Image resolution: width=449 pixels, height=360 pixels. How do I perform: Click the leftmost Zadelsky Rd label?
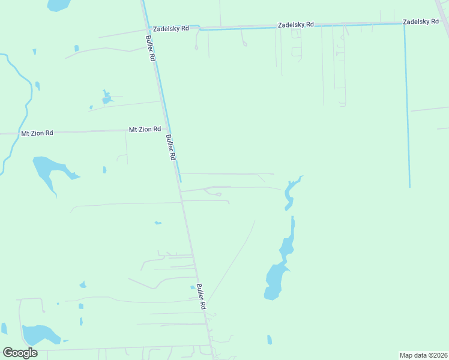[171, 28]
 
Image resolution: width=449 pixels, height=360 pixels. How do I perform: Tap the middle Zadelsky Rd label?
[295, 25]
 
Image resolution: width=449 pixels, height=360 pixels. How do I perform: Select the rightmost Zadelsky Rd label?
[420, 22]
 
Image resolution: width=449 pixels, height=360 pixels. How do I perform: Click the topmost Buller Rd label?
[151, 48]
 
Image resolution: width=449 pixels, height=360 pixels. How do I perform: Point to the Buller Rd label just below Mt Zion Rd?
[171, 147]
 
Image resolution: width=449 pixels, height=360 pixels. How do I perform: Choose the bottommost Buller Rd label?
[202, 296]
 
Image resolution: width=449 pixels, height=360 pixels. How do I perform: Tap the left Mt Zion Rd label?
[37, 133]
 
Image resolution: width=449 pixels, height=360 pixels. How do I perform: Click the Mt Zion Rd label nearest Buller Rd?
[145, 129]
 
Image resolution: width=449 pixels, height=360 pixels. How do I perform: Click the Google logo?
[20, 352]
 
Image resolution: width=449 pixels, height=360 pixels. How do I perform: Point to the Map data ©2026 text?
[423, 355]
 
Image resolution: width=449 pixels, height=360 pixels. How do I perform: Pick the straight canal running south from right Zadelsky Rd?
[407, 108]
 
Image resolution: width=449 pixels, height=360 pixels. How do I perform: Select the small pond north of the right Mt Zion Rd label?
[107, 97]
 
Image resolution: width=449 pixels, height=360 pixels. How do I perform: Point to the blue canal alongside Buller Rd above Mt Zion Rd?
[160, 84]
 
